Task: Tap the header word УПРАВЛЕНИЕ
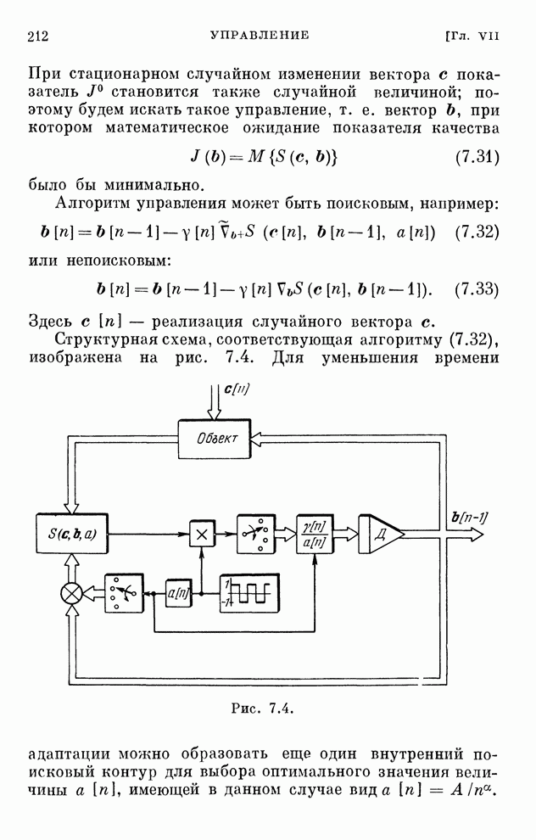pos(259,36)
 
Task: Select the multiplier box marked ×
pos(202,534)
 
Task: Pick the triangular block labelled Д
pos(377,534)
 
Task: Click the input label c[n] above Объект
pos(238,389)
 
